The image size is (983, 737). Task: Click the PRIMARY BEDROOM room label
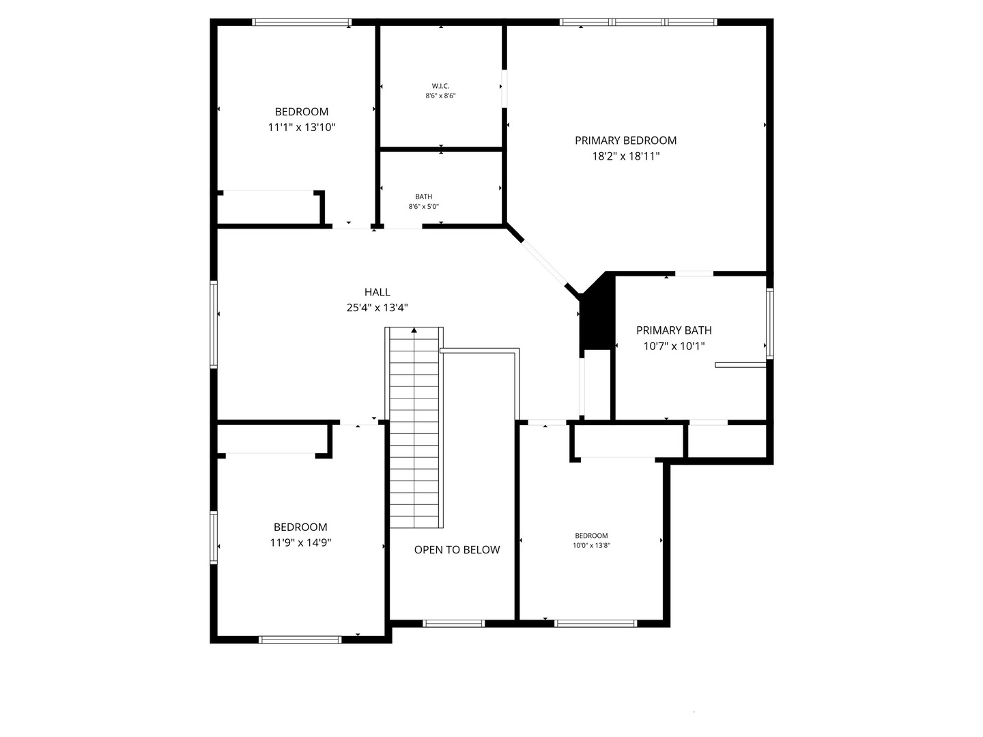pos(625,141)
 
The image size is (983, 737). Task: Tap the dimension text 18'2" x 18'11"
pos(625,156)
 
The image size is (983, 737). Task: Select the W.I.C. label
pos(440,86)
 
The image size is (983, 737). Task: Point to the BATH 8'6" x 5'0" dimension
pos(423,207)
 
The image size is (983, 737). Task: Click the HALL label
pos(377,292)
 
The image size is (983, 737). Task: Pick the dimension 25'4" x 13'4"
pos(377,308)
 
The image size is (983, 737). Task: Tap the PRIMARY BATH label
pos(674,330)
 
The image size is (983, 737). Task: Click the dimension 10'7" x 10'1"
pos(674,346)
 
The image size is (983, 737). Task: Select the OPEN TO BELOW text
pos(457,550)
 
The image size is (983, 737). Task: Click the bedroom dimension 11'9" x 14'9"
pos(300,543)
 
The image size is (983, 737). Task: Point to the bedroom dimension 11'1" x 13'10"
pos(302,127)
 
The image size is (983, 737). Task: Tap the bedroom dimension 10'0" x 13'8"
pos(591,545)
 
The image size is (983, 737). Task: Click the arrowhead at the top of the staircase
pos(414,331)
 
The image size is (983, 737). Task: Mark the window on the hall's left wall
pos(214,325)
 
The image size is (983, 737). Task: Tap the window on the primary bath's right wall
pos(770,323)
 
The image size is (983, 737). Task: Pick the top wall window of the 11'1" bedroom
pos(302,22)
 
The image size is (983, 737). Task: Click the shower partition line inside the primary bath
pos(740,365)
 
